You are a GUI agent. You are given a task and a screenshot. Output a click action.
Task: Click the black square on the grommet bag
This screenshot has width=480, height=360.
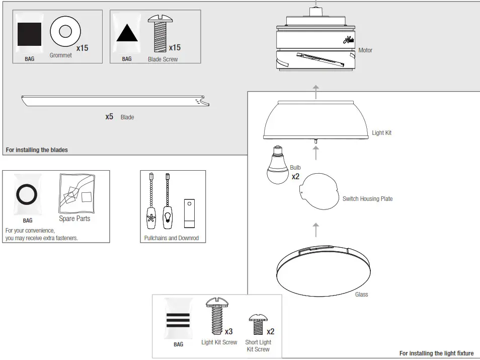pos(30,35)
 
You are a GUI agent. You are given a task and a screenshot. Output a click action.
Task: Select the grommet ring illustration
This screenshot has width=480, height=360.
pos(65,32)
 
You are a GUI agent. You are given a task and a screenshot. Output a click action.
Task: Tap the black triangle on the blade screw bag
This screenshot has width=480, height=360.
pos(127,33)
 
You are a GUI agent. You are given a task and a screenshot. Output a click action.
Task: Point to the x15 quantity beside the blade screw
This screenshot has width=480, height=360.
pos(174,48)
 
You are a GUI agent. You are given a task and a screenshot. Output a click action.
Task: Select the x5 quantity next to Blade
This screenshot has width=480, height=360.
pos(109,117)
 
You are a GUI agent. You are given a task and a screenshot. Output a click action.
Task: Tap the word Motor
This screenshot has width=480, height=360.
pos(365,50)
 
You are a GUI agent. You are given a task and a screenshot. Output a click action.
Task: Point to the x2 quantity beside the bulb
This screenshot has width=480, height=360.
pos(295,177)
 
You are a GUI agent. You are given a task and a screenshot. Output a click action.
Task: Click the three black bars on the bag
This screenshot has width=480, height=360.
pos(178,320)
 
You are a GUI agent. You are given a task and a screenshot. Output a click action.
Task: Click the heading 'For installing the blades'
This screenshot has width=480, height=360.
pos(36,150)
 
